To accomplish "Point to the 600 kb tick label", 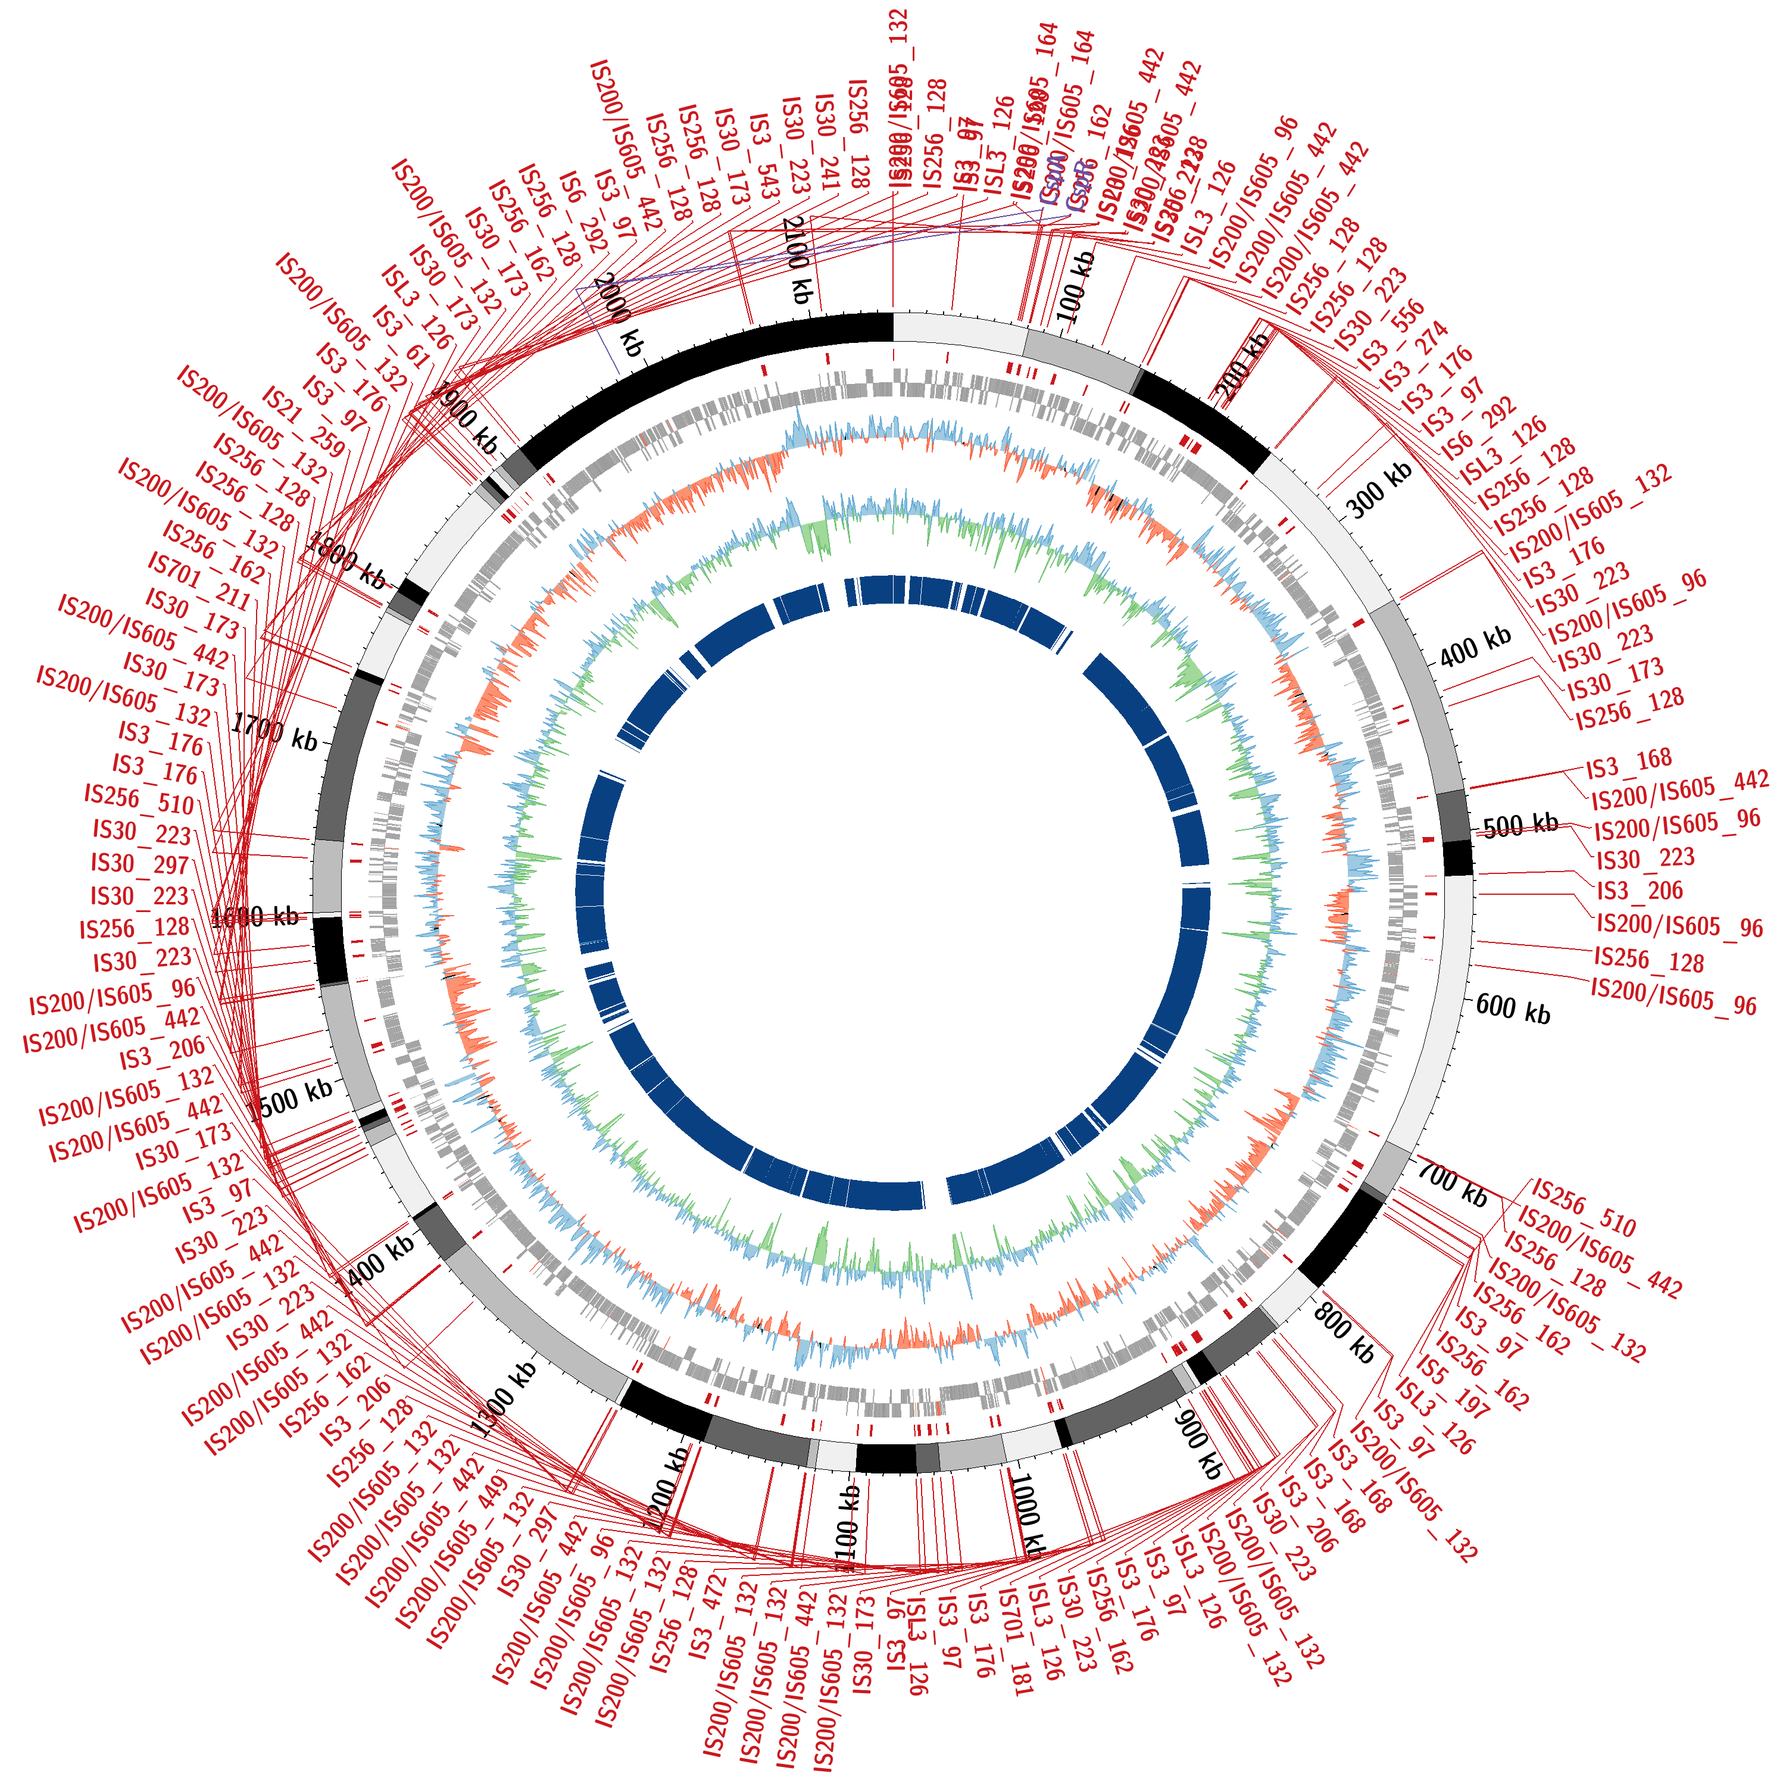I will click(1512, 1008).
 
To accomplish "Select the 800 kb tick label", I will click(1343, 1334).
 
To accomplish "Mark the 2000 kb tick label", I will click(617, 314).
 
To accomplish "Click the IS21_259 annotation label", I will click(303, 423).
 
